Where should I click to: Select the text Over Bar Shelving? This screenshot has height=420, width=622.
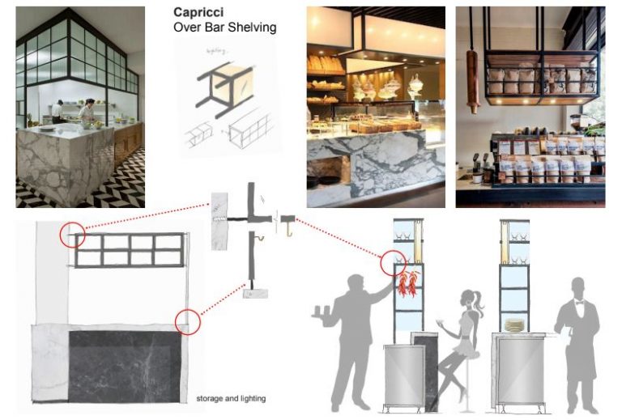(225, 28)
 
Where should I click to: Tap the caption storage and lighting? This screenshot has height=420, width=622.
(231, 398)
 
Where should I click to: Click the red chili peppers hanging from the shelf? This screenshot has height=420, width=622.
(407, 282)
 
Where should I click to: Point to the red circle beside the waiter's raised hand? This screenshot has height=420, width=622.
(394, 265)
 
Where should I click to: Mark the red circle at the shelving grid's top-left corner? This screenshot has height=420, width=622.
(70, 235)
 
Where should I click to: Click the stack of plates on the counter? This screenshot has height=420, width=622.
(514, 324)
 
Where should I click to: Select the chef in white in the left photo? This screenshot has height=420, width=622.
(88, 112)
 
